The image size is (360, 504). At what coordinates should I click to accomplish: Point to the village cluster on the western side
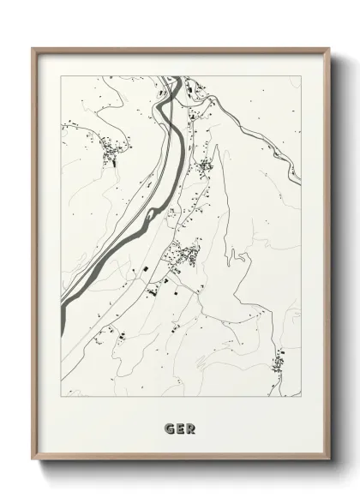[x=111, y=154]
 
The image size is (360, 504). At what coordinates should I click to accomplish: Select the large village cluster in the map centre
[x=183, y=254]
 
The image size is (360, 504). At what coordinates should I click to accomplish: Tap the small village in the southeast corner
[x=279, y=363]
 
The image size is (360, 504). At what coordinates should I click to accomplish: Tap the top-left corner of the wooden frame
[x=33, y=48]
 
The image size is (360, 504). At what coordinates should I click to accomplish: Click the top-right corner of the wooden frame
[x=328, y=48]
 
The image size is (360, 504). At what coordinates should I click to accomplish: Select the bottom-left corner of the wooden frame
[x=33, y=462]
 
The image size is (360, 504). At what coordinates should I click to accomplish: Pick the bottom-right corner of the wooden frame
[x=328, y=462]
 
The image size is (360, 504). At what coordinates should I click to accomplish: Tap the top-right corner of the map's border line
[x=301, y=76]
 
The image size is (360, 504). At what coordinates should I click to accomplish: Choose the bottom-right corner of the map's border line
[x=301, y=397]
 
